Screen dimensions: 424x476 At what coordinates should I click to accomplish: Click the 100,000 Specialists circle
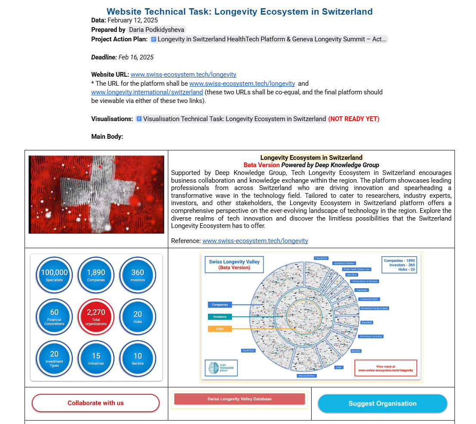click(x=54, y=275)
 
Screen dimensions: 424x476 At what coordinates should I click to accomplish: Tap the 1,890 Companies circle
click(x=96, y=275)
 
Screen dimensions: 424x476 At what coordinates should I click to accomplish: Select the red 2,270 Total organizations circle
click(x=96, y=316)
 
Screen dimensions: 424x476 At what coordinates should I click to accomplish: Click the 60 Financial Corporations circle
click(x=54, y=316)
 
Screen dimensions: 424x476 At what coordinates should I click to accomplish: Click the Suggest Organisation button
click(x=382, y=404)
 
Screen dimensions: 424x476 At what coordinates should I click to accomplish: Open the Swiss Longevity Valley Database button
click(x=239, y=399)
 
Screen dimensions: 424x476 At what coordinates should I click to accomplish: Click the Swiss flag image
click(x=96, y=194)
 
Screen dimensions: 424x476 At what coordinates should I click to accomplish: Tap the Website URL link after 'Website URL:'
click(x=183, y=75)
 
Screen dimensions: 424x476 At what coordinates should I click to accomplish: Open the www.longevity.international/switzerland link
click(x=147, y=92)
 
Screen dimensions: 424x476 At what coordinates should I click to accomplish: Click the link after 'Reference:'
click(x=255, y=241)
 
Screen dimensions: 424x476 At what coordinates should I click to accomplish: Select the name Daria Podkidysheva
click(x=157, y=30)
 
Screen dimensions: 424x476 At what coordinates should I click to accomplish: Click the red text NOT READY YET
click(x=353, y=119)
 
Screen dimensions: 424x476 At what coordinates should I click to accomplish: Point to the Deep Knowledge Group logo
click(x=221, y=368)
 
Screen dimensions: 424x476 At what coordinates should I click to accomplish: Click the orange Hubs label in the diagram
click(x=220, y=329)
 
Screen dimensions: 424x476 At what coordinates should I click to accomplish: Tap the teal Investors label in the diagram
click(x=220, y=317)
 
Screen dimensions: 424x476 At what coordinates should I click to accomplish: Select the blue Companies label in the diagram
click(x=220, y=305)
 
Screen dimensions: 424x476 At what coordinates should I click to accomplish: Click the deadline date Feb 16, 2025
click(x=136, y=57)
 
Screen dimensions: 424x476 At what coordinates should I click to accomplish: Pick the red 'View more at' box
click(x=386, y=368)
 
